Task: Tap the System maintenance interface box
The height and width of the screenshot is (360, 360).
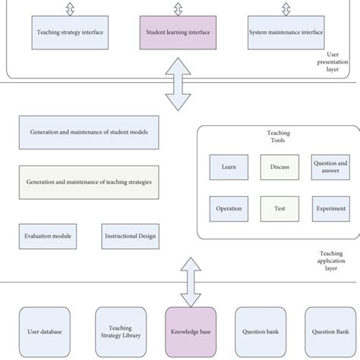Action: pyautogui.click(x=285, y=33)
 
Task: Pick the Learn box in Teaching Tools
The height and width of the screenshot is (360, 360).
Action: pyautogui.click(x=229, y=167)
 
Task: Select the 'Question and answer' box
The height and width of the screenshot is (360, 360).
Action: pyautogui.click(x=330, y=167)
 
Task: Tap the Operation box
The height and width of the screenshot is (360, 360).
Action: pyautogui.click(x=229, y=208)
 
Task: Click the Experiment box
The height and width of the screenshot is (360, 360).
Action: pyautogui.click(x=330, y=208)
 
